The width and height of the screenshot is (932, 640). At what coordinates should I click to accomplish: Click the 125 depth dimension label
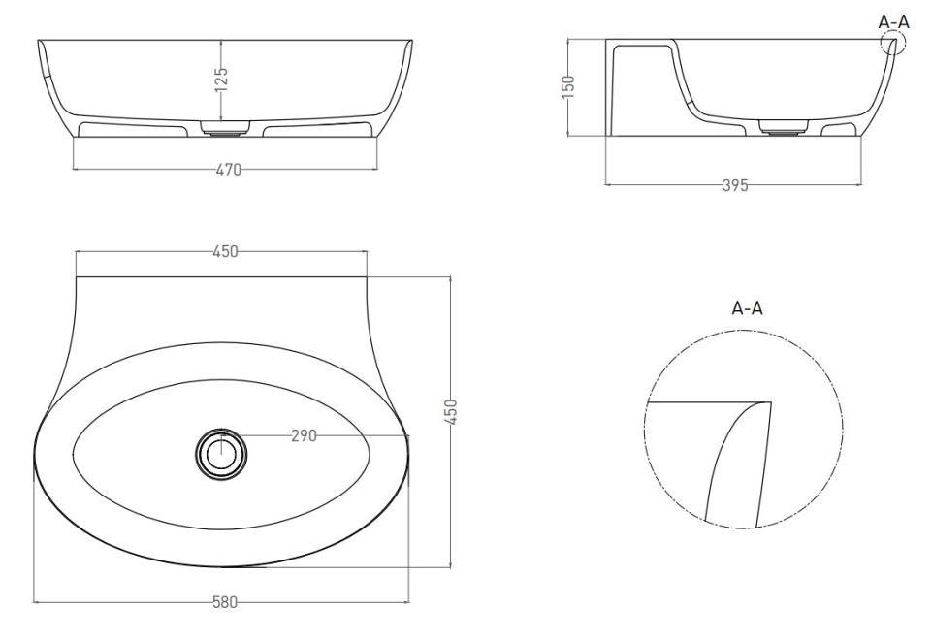coord(221,80)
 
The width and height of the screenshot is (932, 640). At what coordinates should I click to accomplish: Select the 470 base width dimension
coord(228,170)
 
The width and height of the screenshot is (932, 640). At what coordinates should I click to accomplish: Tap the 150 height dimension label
coord(568,86)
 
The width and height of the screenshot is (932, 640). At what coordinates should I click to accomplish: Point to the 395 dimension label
coord(735,185)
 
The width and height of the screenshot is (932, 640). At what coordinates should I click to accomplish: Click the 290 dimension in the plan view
coord(304,436)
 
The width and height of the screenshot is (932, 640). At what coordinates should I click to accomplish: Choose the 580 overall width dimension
coord(225,602)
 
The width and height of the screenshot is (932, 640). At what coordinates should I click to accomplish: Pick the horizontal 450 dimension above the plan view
coord(225,252)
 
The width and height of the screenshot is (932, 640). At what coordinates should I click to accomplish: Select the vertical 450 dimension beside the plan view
coord(452,411)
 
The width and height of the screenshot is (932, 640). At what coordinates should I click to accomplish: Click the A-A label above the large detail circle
coord(747,308)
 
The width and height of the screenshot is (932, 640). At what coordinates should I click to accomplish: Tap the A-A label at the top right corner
coord(894,22)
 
